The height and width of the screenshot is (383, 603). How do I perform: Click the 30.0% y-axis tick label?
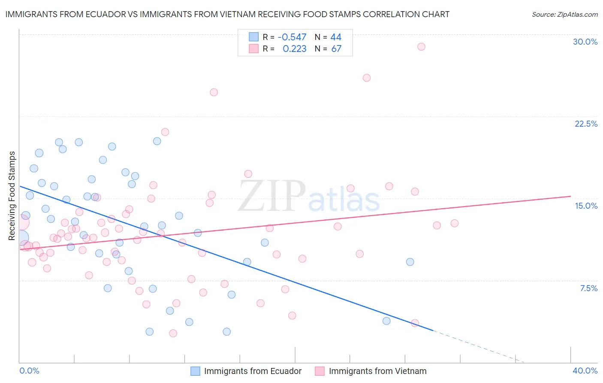(585, 42)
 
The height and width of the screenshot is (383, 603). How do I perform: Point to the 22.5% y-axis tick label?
(586, 124)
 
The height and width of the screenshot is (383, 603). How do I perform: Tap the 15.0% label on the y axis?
(586, 206)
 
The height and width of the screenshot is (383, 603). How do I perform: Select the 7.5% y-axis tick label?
(588, 288)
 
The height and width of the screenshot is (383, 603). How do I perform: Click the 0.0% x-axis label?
(29, 371)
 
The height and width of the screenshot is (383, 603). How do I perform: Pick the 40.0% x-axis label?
(585, 371)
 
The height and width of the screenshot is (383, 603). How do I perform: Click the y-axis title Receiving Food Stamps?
(12, 196)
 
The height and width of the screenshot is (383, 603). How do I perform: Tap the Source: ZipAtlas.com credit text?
(564, 15)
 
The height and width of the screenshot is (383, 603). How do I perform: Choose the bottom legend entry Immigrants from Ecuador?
(253, 371)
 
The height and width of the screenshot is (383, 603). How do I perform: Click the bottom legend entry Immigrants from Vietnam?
(377, 371)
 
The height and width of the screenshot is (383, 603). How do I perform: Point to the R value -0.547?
(292, 37)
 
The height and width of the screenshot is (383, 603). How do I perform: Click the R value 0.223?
(294, 49)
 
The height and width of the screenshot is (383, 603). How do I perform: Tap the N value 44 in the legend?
(336, 37)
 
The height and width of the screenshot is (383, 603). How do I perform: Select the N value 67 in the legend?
(336, 49)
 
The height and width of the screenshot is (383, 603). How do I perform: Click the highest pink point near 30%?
(421, 46)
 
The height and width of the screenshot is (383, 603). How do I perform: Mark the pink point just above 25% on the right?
(366, 78)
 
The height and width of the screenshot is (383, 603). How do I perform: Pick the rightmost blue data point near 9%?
(410, 262)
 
